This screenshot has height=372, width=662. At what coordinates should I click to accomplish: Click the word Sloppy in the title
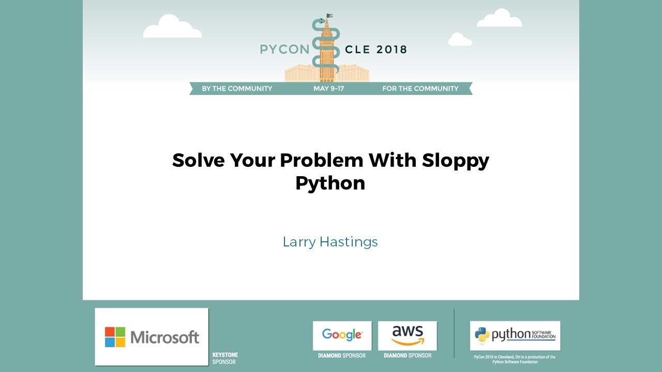coord(455,161)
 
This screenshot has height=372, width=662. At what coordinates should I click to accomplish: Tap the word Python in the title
coord(330,183)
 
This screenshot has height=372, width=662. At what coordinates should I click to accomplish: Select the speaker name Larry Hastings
coord(330,242)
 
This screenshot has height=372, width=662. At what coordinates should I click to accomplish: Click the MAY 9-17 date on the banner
coord(328,88)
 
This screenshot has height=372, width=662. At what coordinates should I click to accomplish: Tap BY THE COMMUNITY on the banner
coord(237,88)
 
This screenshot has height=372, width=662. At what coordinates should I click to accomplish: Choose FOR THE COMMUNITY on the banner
coord(420,88)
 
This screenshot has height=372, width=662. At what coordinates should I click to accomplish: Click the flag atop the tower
coord(329,16)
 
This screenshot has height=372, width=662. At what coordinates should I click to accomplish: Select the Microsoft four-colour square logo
coord(115,337)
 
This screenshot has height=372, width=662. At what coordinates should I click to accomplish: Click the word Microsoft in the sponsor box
coord(164,337)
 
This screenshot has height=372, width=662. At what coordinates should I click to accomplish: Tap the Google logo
coord(342,335)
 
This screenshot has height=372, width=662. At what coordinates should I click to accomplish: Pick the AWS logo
coord(408,335)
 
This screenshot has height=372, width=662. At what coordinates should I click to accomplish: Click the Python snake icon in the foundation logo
coord(482,335)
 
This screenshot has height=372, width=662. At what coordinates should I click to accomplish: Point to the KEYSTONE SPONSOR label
coord(225,359)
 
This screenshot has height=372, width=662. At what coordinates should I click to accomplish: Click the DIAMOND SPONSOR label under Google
coord(342,355)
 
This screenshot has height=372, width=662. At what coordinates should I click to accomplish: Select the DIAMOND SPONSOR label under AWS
coord(408,355)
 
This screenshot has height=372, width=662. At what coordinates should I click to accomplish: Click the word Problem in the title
coord(321,161)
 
